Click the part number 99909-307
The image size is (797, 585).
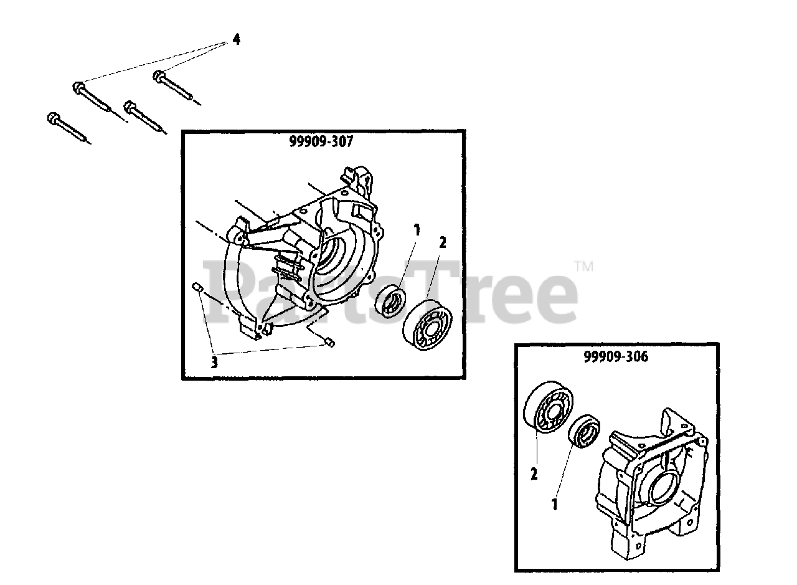pos(321,142)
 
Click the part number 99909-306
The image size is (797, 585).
pos(616,357)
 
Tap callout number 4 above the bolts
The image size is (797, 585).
pos(236,40)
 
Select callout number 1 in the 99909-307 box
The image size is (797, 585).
pos(417,231)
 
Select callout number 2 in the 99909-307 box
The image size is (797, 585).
pos(443,243)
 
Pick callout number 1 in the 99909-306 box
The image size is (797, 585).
pos(553,503)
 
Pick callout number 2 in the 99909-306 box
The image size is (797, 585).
pos(534,475)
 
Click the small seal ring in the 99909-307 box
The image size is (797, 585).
pos(391,301)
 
